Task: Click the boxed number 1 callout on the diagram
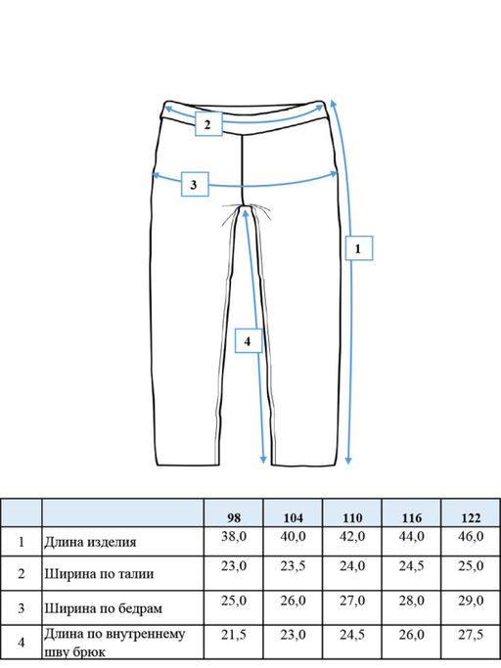coord(358,248)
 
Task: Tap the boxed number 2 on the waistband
coord(208,124)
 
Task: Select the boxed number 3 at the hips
coord(195,185)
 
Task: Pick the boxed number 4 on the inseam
coord(249,340)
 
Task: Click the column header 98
coord(234,518)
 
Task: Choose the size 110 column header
coord(352,518)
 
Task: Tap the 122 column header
coord(471,518)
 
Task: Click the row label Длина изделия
coord(90,543)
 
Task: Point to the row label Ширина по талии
coord(99,574)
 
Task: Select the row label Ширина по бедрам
coord(103,608)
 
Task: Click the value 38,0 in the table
coord(234,536)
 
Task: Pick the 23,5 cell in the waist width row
coord(293,566)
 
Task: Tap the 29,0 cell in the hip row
coord(471,601)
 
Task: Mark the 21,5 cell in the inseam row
coord(234,635)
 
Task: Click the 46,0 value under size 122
coord(471,536)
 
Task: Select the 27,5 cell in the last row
coord(471,635)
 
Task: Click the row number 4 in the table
coord(22,643)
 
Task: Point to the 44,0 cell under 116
coord(411,536)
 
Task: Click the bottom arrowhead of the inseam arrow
coord(263,461)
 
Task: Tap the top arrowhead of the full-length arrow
coord(333,104)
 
